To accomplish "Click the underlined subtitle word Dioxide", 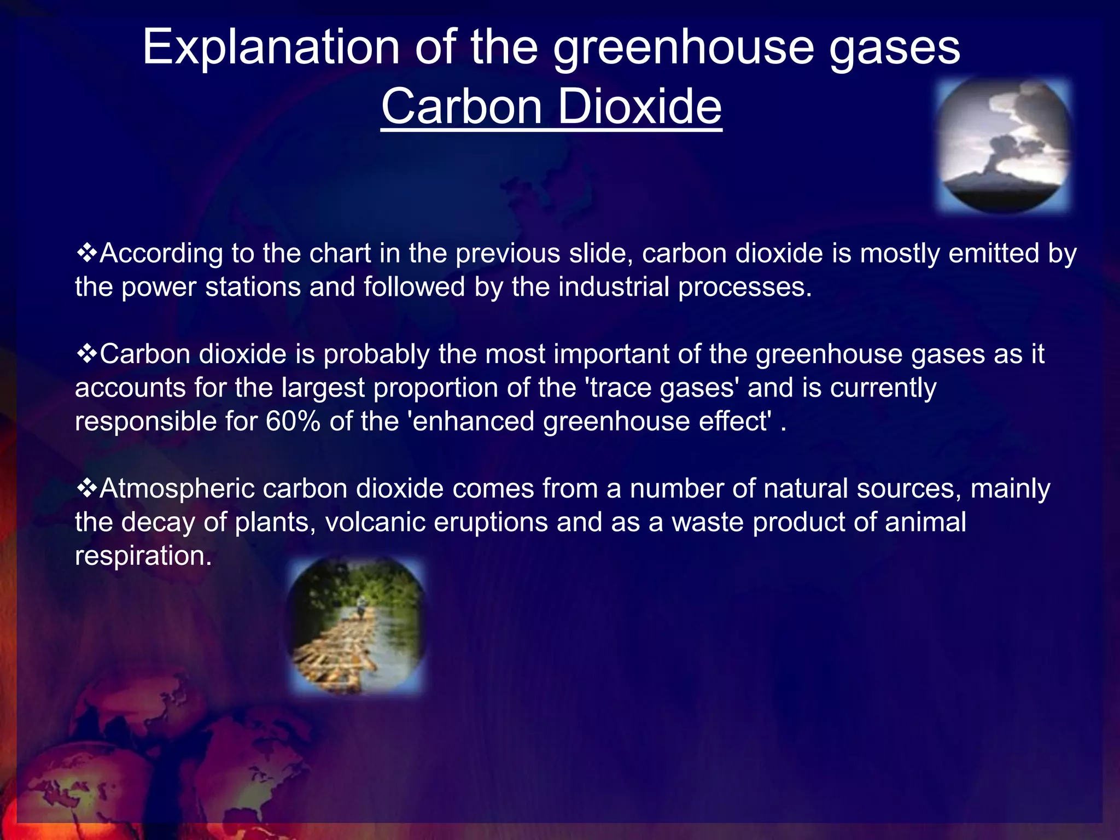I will tap(639, 107).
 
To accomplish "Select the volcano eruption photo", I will tap(1004, 145).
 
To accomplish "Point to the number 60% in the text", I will tap(293, 422).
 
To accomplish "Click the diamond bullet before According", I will tap(86, 253).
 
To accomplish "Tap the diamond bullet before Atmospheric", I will tap(86, 488).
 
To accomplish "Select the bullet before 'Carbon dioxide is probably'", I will tap(86, 354).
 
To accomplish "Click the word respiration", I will tap(142, 556).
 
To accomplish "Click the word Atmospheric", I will tap(177, 488).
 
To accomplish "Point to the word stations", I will tap(253, 287).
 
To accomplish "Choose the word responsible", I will tap(145, 422).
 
